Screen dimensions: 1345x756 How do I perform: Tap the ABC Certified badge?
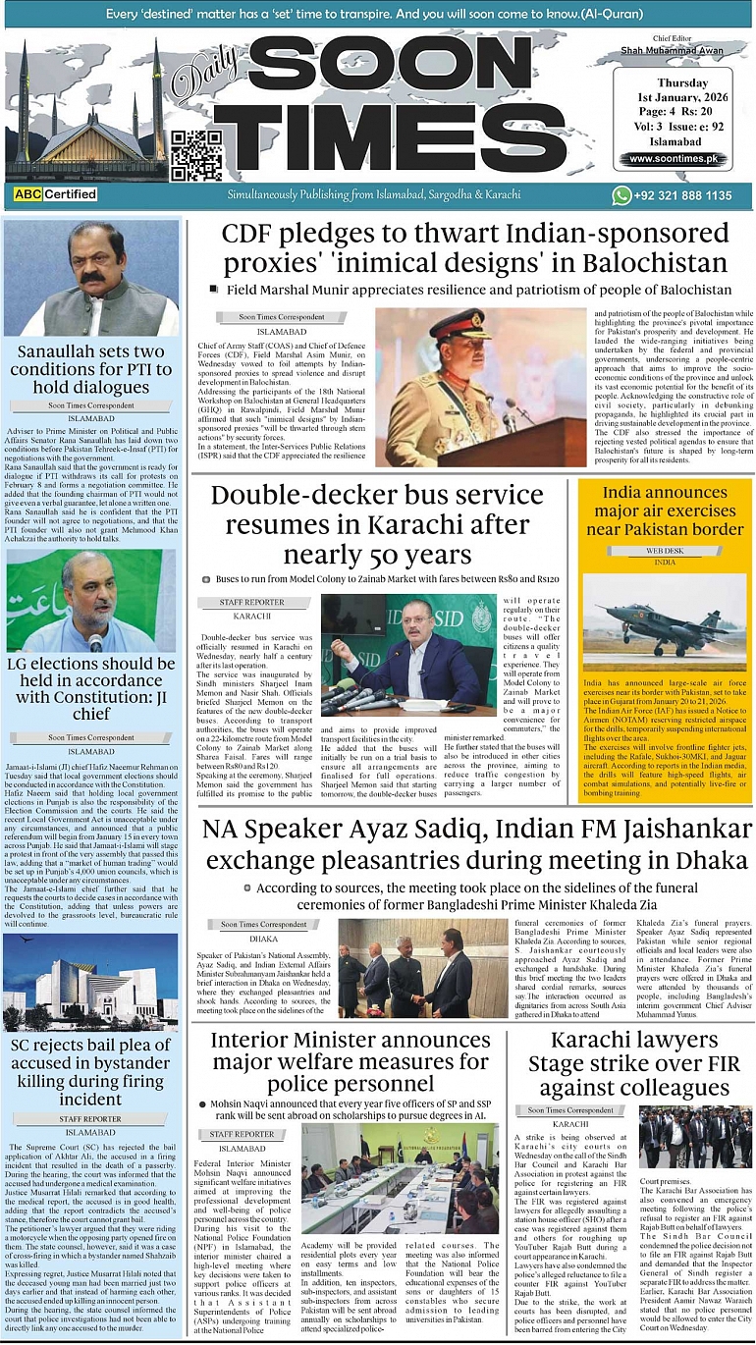coord(56,194)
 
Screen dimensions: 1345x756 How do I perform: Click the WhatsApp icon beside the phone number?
coord(621,194)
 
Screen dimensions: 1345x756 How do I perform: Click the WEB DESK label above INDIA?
coord(665,551)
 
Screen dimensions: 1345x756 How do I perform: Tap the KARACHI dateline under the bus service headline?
coord(252,616)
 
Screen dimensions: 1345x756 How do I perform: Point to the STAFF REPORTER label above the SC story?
coord(90,1118)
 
